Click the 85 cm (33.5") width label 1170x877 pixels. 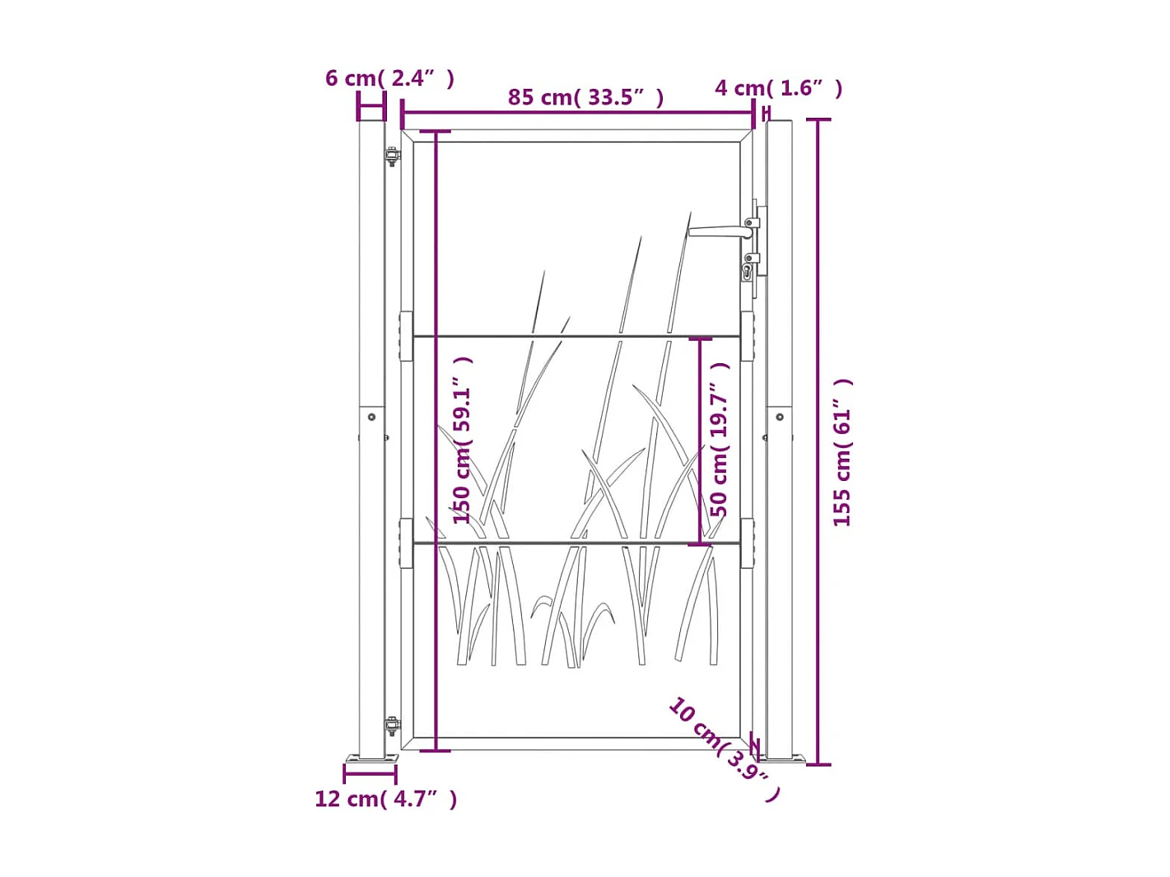tap(585, 97)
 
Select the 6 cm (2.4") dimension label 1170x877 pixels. tap(389, 78)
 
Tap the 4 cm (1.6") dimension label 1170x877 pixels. tap(778, 88)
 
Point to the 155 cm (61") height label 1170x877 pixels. tap(842, 453)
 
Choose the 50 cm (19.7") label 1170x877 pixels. tap(720, 439)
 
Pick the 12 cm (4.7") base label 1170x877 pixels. tap(385, 799)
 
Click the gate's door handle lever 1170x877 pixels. tap(716, 232)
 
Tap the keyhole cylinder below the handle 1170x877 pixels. tap(748, 271)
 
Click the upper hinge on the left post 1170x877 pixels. tap(393, 156)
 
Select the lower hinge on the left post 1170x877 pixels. tap(393, 726)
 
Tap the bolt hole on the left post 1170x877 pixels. tap(371, 418)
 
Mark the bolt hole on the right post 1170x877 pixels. tap(780, 418)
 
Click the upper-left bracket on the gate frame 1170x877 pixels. tap(406, 336)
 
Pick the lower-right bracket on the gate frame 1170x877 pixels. tap(747, 543)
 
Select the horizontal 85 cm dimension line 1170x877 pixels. tap(576, 114)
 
